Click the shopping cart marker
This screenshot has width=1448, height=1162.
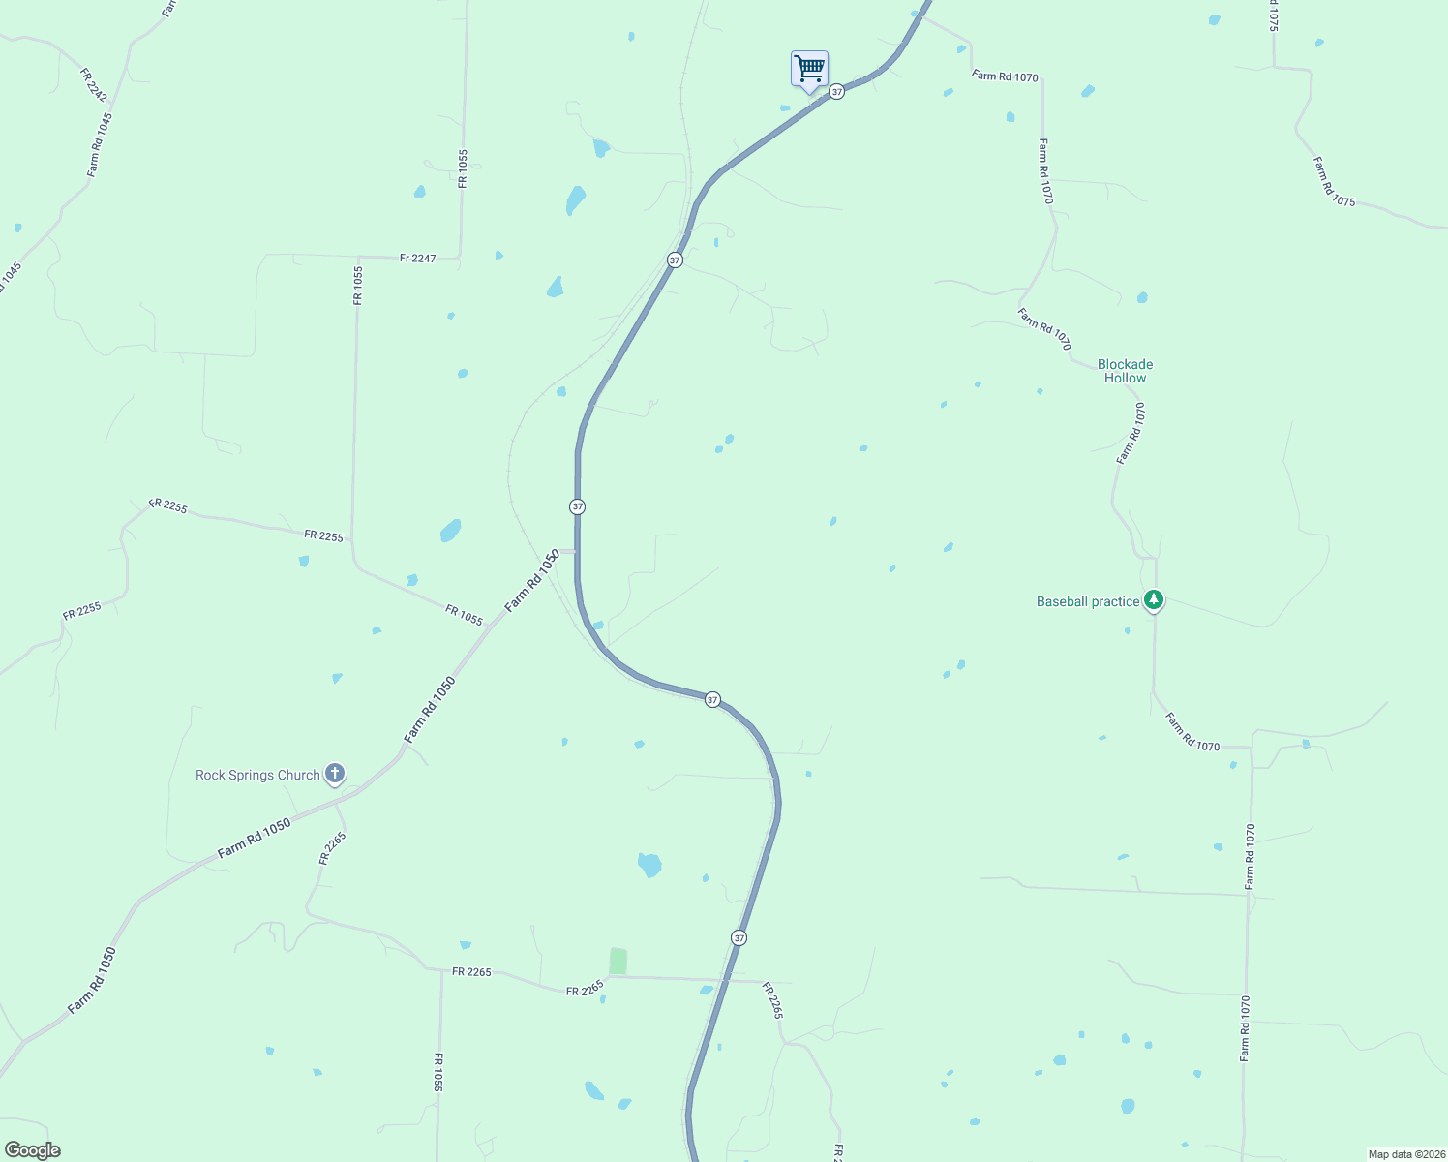809,70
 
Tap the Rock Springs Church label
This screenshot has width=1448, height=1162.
257,775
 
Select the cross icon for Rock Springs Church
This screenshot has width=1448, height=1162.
335,774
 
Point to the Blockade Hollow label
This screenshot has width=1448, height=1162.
1125,371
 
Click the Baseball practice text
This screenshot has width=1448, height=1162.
1088,601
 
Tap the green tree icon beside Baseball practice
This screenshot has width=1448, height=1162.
1153,600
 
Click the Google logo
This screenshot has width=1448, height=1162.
32,1150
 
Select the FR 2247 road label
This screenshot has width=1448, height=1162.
418,259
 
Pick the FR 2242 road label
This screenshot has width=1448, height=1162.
94,85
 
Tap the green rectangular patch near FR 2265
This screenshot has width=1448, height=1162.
618,962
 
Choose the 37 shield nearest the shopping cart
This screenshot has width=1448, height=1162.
837,91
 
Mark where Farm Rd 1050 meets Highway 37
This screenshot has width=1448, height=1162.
577,551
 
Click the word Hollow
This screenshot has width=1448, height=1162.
1125,378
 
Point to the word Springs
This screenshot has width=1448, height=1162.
256,775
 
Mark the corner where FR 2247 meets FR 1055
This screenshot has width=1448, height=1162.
461,258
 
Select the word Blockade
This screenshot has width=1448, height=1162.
1125,364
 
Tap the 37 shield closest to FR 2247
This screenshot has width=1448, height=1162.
675,260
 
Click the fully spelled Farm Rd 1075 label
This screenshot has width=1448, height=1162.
1334,181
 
